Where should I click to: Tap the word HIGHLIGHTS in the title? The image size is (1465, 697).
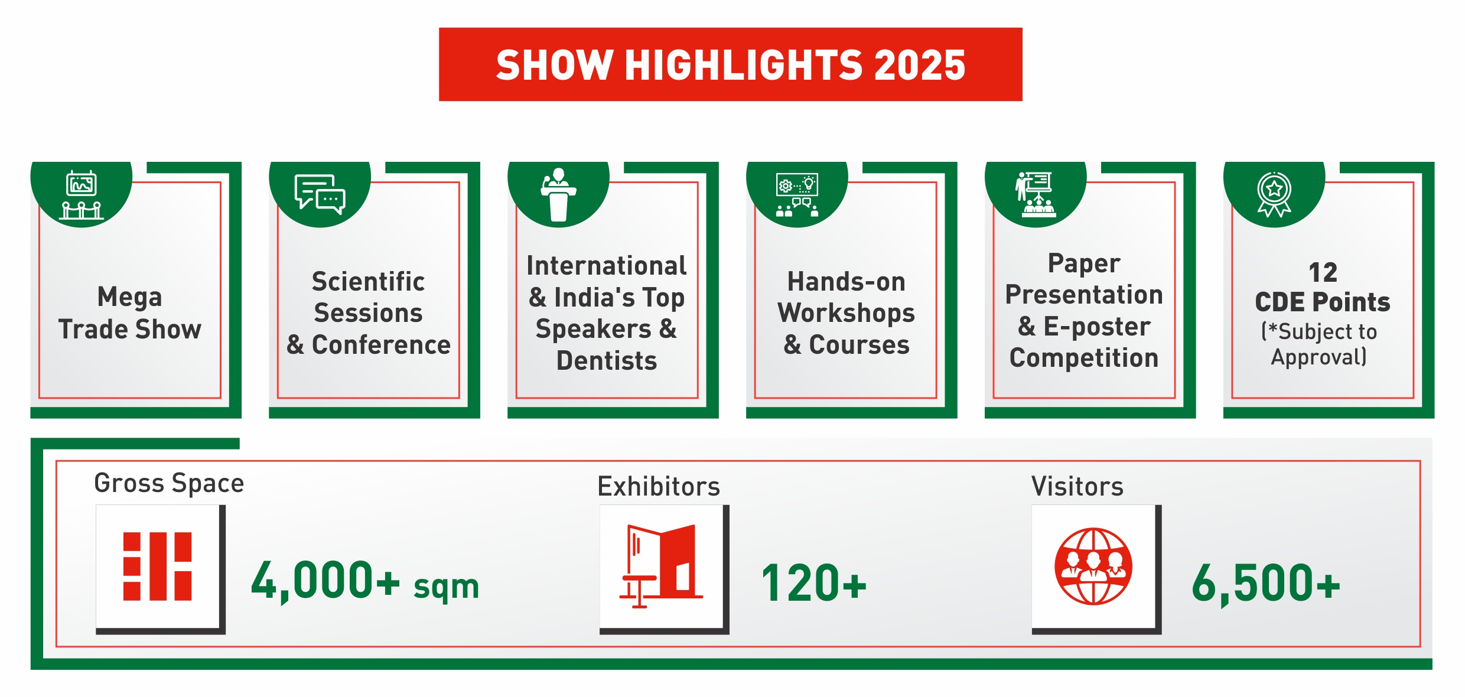(x=745, y=65)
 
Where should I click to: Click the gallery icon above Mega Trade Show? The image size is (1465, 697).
(x=82, y=195)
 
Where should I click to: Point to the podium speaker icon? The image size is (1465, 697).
(x=558, y=195)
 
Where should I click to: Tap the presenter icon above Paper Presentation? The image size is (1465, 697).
(x=1036, y=194)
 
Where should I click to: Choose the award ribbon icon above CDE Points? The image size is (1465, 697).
(x=1274, y=194)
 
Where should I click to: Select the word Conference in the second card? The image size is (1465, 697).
(x=381, y=344)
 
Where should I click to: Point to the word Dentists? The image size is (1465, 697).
(x=607, y=360)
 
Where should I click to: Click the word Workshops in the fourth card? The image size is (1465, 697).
(x=846, y=314)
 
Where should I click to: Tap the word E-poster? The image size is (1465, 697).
(x=1097, y=327)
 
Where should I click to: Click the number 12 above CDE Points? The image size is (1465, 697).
(x=1323, y=272)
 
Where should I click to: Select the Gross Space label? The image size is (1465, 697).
(x=169, y=483)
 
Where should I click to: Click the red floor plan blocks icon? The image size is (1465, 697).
(x=158, y=566)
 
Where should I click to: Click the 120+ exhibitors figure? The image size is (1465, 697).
(x=814, y=583)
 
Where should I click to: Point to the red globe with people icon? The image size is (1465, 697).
(x=1093, y=566)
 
